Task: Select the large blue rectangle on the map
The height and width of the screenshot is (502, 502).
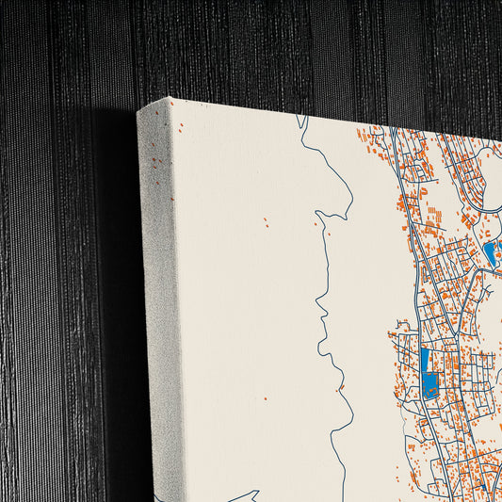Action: point(431,385)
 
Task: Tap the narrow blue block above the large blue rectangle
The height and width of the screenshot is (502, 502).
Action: point(424,360)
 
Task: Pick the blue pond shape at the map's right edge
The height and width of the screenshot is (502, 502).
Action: point(489,251)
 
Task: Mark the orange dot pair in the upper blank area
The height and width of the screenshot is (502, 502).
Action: point(265,223)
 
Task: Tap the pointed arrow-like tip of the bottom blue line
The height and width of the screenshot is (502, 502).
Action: point(255,492)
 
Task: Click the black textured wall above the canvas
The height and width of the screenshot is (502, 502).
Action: point(283,47)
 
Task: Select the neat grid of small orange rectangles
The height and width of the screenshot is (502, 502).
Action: point(432,225)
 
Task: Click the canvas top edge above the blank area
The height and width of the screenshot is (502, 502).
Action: point(245,107)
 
